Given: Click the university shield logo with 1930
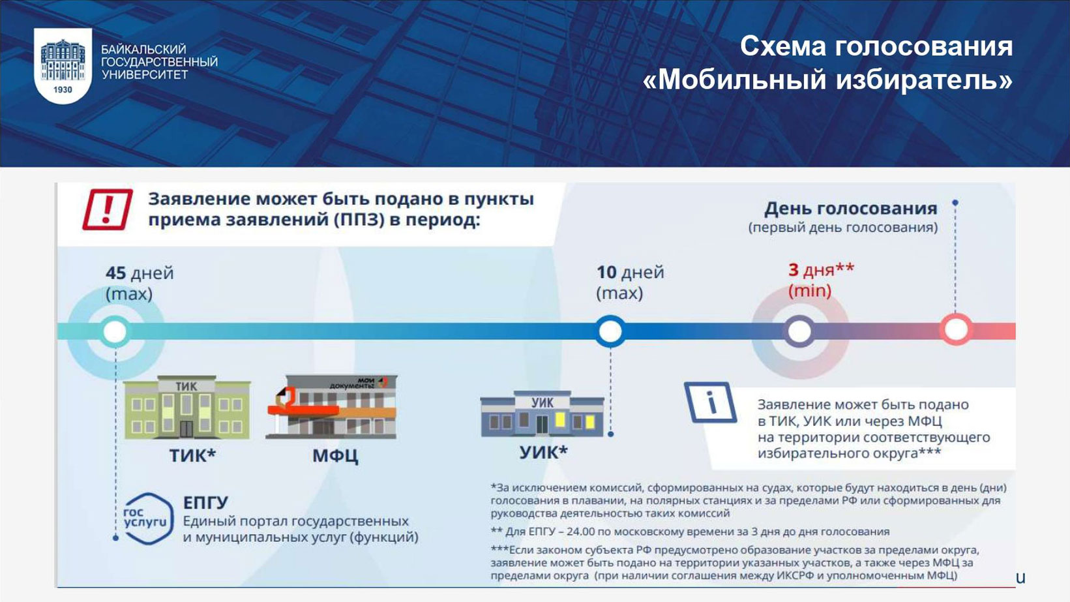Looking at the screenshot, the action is coord(63,65).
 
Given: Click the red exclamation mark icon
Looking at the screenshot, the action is coord(108,209).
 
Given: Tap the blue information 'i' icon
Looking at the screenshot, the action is coord(710,402).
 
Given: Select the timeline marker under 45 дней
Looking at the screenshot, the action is coord(115,331).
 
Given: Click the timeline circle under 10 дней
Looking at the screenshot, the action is coord(610,331).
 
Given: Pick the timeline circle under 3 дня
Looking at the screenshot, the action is coord(799,331).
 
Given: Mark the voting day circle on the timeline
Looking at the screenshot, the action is coord(956,329).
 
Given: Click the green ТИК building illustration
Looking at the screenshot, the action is coord(186,407).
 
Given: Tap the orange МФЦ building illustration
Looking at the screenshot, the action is coord(331,406).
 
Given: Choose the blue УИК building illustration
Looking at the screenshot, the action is coord(542,414).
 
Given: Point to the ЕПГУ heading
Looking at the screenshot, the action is coord(206,503).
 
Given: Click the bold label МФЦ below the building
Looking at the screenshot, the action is coord(335,455).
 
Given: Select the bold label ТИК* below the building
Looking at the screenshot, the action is coord(192,455).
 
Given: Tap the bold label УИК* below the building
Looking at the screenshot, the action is coord(544,452).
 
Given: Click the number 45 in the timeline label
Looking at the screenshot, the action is coord(115,273).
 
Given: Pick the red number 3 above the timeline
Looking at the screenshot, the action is coord(794,270).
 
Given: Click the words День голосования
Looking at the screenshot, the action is coord(851,209).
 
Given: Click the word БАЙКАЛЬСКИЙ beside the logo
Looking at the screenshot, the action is coord(144,49).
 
